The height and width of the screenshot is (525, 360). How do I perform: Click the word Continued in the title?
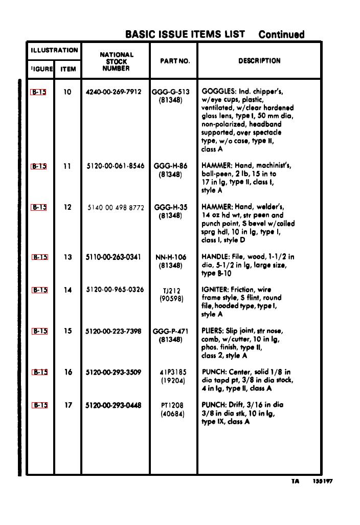pyautogui.click(x=281, y=35)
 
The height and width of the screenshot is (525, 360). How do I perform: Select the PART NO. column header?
pyautogui.click(x=174, y=61)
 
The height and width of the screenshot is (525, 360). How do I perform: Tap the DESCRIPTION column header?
pyautogui.click(x=259, y=61)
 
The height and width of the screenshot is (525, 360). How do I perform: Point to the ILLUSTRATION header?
pyautogui.click(x=54, y=50)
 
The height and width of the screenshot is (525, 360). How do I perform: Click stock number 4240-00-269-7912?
pyautogui.click(x=114, y=92)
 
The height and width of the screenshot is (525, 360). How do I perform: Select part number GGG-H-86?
pyautogui.click(x=170, y=166)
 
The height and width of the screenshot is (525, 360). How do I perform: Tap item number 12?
pyautogui.click(x=67, y=207)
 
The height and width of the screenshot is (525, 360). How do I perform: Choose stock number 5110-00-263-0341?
pyautogui.click(x=114, y=257)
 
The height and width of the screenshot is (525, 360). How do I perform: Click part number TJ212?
pyautogui.click(x=171, y=291)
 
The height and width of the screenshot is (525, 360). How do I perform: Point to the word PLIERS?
pyautogui.click(x=213, y=331)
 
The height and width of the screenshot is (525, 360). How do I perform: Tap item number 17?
pyautogui.click(x=67, y=405)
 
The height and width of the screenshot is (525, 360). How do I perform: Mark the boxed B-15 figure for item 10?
pyautogui.click(x=39, y=93)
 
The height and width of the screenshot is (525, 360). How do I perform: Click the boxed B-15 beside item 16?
pyautogui.click(x=40, y=373)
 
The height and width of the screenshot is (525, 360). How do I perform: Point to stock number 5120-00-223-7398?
pyautogui.click(x=114, y=331)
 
